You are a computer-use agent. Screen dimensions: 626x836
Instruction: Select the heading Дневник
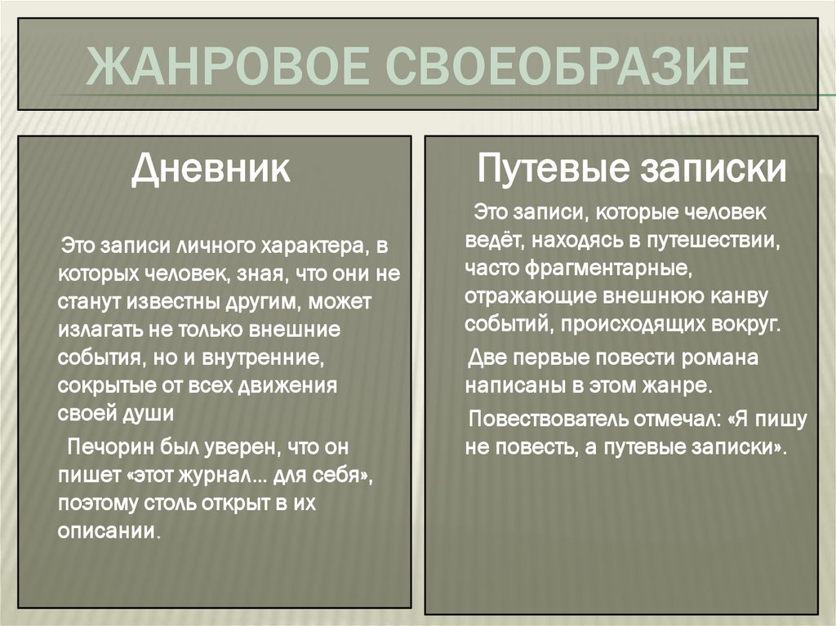(211, 171)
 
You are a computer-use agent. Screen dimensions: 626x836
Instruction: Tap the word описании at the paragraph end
(106, 530)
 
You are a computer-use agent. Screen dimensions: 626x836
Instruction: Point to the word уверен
(229, 448)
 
